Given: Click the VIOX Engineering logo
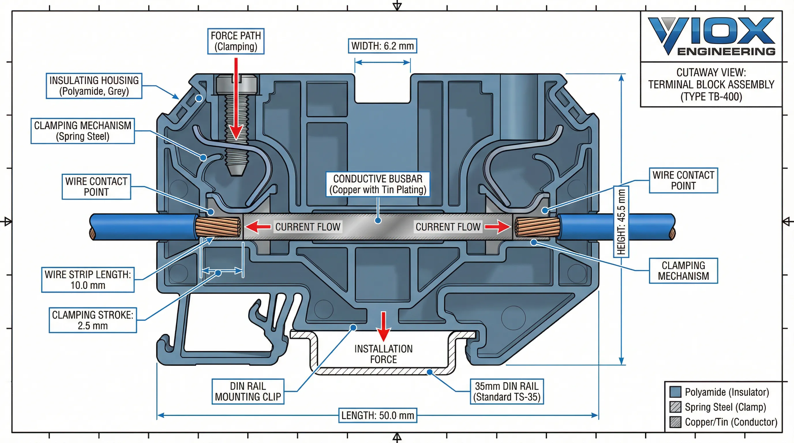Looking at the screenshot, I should [711, 36].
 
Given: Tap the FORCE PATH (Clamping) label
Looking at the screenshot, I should [236, 41].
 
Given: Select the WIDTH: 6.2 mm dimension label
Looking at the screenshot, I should [383, 46].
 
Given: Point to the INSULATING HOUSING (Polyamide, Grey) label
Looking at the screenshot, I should [94, 86].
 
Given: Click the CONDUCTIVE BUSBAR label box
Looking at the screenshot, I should [378, 184].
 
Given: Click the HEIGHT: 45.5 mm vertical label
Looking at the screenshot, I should [621, 222].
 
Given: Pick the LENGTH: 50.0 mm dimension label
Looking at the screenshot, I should [378, 416].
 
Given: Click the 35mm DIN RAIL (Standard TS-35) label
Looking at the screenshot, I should [507, 392].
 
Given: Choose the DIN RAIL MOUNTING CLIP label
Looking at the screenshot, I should [248, 392].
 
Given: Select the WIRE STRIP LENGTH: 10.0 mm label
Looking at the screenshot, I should [88, 280].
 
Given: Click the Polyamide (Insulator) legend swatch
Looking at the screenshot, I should [675, 392].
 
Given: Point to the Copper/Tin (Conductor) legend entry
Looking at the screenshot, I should [731, 422].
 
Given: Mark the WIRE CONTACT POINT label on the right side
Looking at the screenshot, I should [683, 181].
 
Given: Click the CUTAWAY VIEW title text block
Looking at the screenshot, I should [711, 85].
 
